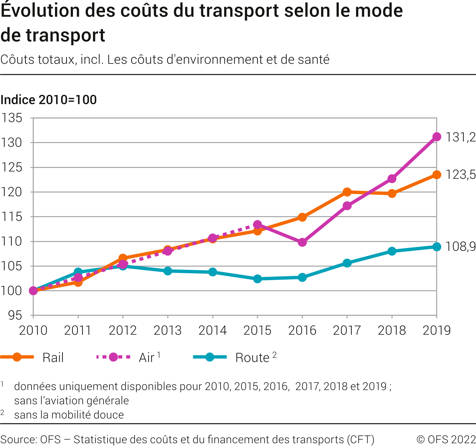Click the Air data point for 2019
click(x=437, y=137)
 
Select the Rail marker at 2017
click(x=347, y=192)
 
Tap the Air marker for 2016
click(x=302, y=242)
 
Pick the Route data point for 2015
click(x=257, y=279)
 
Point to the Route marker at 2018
click(x=392, y=251)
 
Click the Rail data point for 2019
click(x=437, y=175)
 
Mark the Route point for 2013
click(x=168, y=271)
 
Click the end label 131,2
click(x=460, y=137)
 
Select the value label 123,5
click(x=460, y=175)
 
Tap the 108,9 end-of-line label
click(x=460, y=247)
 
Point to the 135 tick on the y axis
click(x=12, y=118)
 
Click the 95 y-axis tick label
click(x=15, y=315)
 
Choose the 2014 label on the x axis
click(x=212, y=331)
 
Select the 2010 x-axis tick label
click(x=33, y=331)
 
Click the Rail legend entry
click(x=53, y=358)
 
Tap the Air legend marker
click(x=113, y=357)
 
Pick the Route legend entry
click(x=252, y=358)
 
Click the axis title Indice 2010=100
click(x=49, y=100)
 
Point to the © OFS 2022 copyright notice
click(x=446, y=439)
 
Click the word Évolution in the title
click(x=40, y=11)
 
